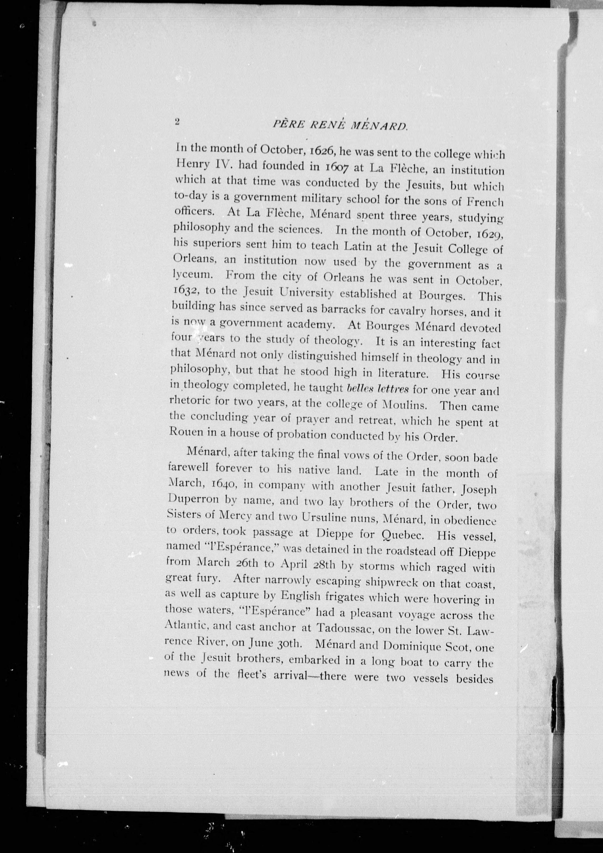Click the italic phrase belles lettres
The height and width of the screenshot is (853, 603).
click(x=377, y=389)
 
